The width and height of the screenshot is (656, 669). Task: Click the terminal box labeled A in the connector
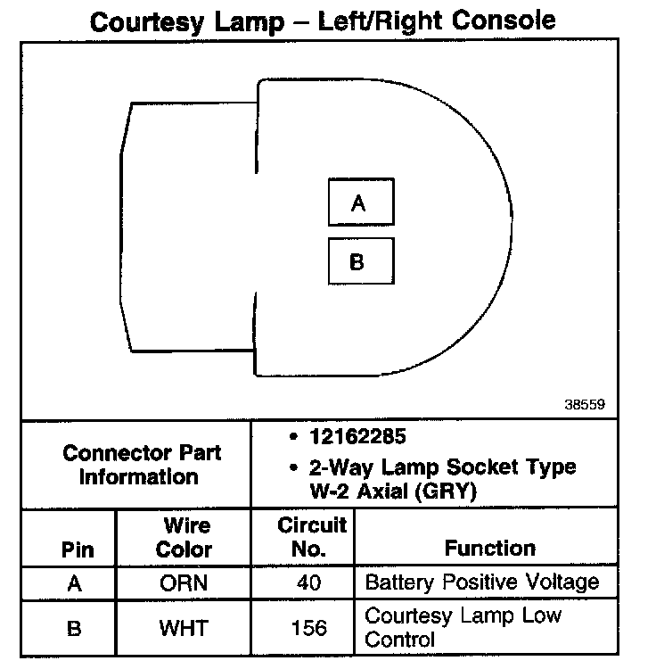point(358,203)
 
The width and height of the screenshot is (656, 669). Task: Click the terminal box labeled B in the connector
point(358,262)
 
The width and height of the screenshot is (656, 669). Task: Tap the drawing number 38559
point(585,404)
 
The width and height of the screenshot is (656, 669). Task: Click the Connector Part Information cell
point(142,464)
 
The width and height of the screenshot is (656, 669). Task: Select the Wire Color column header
point(184,538)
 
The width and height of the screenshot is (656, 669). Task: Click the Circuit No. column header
point(311,538)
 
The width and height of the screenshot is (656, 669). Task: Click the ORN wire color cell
point(184,583)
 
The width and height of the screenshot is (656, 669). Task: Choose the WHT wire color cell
point(184,628)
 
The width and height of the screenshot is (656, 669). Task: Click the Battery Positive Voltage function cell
point(482,583)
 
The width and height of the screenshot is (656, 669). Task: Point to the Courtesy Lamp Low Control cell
point(463,627)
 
